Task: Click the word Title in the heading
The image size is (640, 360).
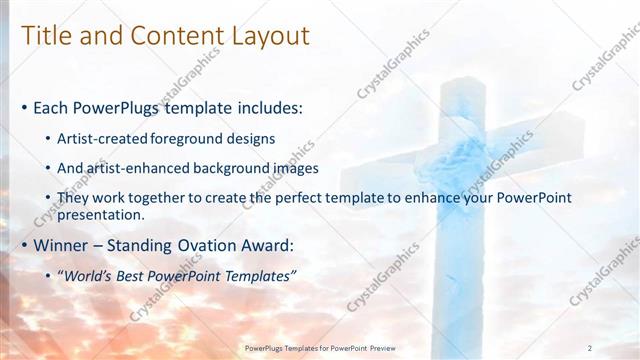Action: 46,36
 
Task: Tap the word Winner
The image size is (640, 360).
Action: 62,245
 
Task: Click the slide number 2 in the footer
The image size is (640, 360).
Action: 590,348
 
